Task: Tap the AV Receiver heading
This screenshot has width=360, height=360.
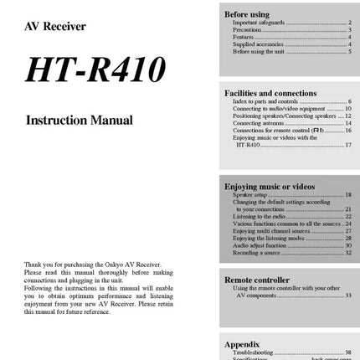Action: [55, 27]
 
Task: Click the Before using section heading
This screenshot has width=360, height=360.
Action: [246, 14]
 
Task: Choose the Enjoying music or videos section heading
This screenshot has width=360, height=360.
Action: [270, 186]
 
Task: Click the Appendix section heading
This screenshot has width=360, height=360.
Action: [242, 344]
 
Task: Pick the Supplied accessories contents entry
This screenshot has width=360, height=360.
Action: [257, 44]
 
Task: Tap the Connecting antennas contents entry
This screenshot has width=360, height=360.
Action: [254, 123]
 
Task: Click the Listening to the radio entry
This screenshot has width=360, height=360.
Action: [259, 216]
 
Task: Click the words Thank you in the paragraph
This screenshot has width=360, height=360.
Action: [33, 265]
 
